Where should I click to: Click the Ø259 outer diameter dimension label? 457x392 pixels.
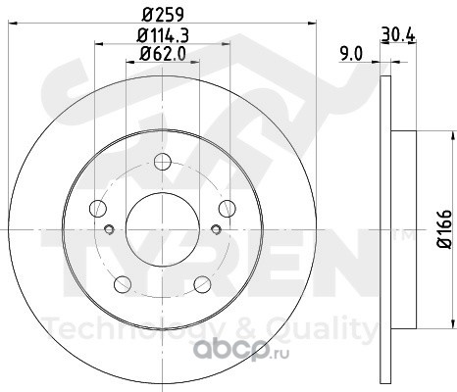[x=164, y=15]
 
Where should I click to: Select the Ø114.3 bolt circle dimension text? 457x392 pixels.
[x=163, y=35]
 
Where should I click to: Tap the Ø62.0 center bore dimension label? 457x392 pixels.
[x=163, y=54]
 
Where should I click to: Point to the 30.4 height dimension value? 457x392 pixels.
[x=398, y=34]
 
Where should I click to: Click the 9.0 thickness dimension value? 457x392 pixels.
[x=351, y=54]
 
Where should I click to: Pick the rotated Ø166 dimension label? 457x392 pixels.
[x=444, y=229]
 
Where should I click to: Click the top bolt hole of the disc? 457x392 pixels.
[x=163, y=162]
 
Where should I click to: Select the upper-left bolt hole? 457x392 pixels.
[x=98, y=208]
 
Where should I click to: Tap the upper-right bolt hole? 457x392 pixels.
[x=227, y=208]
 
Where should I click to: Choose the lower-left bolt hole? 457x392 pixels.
[x=123, y=284]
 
